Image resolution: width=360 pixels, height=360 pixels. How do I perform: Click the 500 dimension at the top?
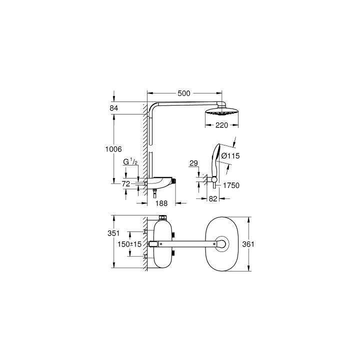pos(184,93)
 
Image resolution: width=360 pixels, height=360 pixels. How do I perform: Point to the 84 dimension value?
pos(113,108)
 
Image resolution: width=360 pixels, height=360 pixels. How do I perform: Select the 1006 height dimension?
pos(113,149)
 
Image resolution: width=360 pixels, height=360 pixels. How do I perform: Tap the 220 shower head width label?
pos(221,125)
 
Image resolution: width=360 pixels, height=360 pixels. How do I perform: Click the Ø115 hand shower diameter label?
pos(230,156)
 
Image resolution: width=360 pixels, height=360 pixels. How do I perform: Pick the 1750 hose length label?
pos(231,185)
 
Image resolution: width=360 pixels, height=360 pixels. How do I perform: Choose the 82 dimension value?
pos(213,198)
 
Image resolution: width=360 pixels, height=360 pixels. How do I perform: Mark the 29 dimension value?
pos(193,163)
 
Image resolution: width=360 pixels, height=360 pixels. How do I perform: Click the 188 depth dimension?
pos(161,203)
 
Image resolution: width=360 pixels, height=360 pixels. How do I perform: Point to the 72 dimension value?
pos(126,183)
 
